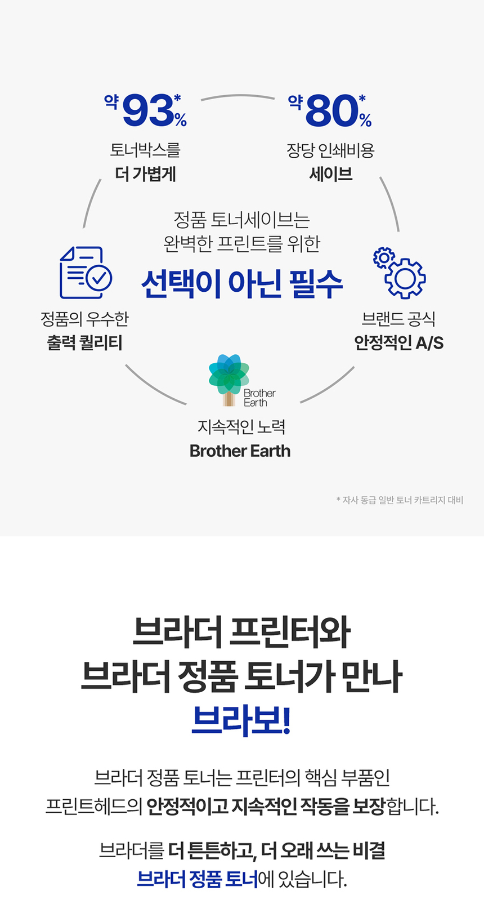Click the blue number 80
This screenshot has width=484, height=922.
click(332, 111)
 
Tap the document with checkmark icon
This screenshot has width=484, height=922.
click(86, 273)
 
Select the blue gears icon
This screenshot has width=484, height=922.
click(399, 273)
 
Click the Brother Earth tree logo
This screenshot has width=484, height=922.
click(230, 379)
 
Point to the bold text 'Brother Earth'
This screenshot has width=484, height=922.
click(240, 451)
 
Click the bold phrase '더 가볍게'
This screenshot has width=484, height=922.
click(146, 174)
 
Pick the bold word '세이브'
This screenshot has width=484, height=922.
click(331, 174)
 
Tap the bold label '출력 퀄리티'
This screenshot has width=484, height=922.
click(84, 342)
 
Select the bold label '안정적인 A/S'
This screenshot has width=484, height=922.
click(398, 342)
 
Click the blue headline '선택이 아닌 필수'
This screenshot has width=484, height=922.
click(242, 283)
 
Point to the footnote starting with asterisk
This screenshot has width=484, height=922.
click(400, 500)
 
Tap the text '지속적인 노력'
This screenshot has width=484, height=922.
click(241, 427)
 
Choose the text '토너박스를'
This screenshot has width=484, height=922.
click(145, 150)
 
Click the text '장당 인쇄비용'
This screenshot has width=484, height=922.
click(331, 150)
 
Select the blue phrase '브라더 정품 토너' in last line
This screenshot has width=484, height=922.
click(198, 879)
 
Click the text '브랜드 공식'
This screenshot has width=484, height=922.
click(398, 319)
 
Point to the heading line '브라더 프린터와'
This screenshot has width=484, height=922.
click(241, 633)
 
